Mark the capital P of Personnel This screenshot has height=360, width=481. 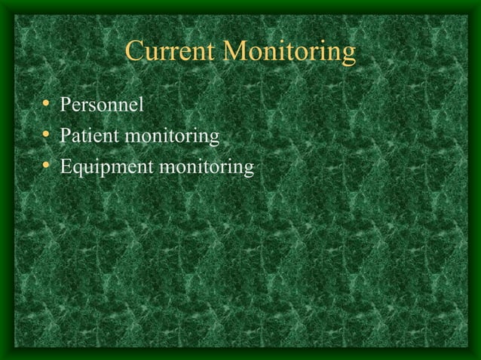point(66,105)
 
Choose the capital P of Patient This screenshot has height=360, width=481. point(66,136)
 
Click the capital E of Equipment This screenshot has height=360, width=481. point(67,166)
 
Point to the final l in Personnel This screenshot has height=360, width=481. point(140,105)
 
